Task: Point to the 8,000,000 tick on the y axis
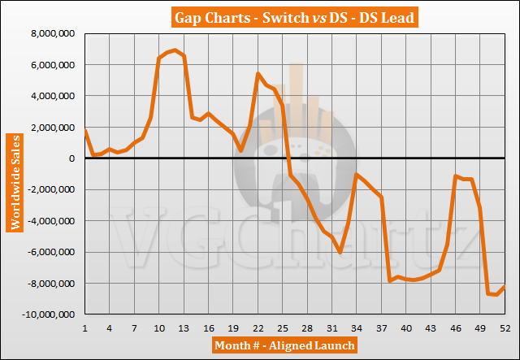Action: pyautogui.click(x=53, y=34)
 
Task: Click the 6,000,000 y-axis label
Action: pyautogui.click(x=53, y=65)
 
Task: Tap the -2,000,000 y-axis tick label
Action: pyautogui.click(x=51, y=190)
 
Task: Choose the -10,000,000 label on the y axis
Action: pyautogui.click(x=48, y=314)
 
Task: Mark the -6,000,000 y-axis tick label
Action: pyautogui.click(x=51, y=253)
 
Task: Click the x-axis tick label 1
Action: pyautogui.click(x=84, y=327)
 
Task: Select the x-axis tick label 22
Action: pyautogui.click(x=258, y=327)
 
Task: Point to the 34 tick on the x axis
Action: pyautogui.click(x=357, y=327)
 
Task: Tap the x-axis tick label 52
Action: pyautogui.click(x=505, y=327)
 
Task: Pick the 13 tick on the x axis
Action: pyautogui.click(x=184, y=327)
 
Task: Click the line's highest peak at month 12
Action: pyautogui.click(x=175, y=50)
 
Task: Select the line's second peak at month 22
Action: pyautogui.click(x=258, y=74)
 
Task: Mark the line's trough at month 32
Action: pyautogui.click(x=340, y=253)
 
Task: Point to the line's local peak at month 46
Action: pyautogui.click(x=456, y=176)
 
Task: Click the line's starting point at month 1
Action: pyautogui.click(x=84, y=130)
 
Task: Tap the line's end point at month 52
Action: pyautogui.click(x=505, y=286)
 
